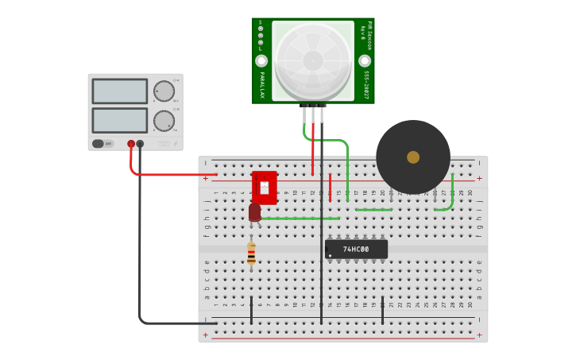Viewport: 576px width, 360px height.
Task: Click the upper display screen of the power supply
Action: click(x=119, y=91)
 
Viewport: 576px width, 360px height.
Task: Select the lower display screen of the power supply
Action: click(x=119, y=120)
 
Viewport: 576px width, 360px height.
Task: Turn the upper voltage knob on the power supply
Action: click(x=164, y=91)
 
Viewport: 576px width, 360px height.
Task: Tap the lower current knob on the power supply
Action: click(x=164, y=121)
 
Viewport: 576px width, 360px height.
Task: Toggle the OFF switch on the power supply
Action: click(x=102, y=144)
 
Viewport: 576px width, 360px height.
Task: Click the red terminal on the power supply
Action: click(x=131, y=144)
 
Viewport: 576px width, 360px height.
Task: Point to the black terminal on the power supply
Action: click(x=140, y=144)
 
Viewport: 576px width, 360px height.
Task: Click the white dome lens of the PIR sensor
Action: click(x=313, y=60)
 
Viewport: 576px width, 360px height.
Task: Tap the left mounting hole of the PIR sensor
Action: click(x=261, y=61)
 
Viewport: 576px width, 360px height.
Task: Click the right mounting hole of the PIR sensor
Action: click(x=365, y=61)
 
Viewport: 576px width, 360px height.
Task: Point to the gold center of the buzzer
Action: click(x=413, y=157)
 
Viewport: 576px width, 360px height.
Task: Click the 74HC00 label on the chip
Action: click(x=356, y=250)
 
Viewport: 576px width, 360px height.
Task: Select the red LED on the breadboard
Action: click(x=254, y=212)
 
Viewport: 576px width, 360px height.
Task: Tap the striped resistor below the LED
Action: click(x=251, y=254)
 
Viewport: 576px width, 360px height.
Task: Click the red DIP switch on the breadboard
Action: click(x=265, y=188)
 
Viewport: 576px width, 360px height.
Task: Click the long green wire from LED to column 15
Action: click(x=302, y=218)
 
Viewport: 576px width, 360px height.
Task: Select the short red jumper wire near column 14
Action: click(x=330, y=188)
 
